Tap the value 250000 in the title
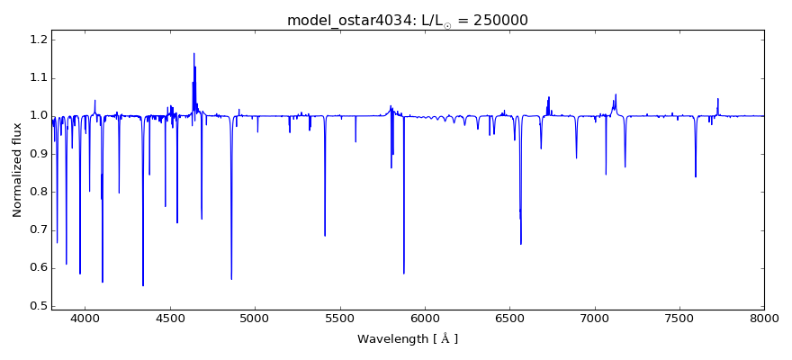(497, 20)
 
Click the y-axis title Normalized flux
(17, 169)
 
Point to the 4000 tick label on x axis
(85, 319)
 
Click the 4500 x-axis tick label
(170, 319)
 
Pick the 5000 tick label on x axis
(255, 319)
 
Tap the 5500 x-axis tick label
(339, 319)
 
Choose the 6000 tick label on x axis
(424, 319)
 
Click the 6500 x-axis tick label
(509, 319)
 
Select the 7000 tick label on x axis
(594, 319)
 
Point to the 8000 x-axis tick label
(763, 319)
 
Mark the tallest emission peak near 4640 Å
(193, 53)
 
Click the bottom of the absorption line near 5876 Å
(403, 273)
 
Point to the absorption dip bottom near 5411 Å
(325, 235)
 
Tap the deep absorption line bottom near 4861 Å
(231, 279)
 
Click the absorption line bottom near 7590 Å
(695, 175)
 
